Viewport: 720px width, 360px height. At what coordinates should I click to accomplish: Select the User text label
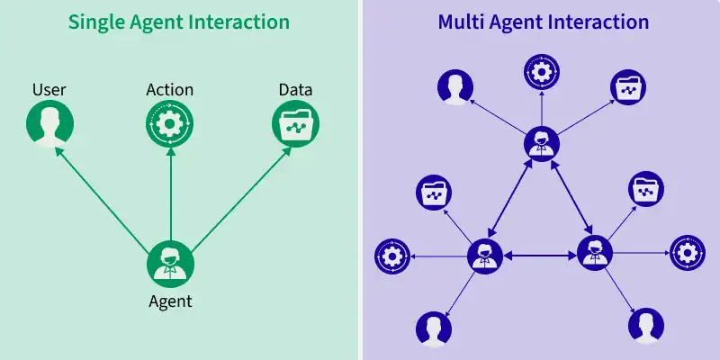click(49, 90)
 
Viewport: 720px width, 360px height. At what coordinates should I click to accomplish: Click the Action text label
click(170, 90)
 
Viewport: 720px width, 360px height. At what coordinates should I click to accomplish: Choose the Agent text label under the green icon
click(170, 301)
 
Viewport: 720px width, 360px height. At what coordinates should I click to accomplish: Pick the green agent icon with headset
click(170, 264)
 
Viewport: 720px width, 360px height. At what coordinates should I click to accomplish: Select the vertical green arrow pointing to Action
click(170, 193)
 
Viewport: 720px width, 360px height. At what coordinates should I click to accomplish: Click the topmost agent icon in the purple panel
click(541, 143)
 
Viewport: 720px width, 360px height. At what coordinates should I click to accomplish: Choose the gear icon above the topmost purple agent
click(542, 71)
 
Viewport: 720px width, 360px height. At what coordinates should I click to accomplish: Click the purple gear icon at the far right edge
click(687, 254)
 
